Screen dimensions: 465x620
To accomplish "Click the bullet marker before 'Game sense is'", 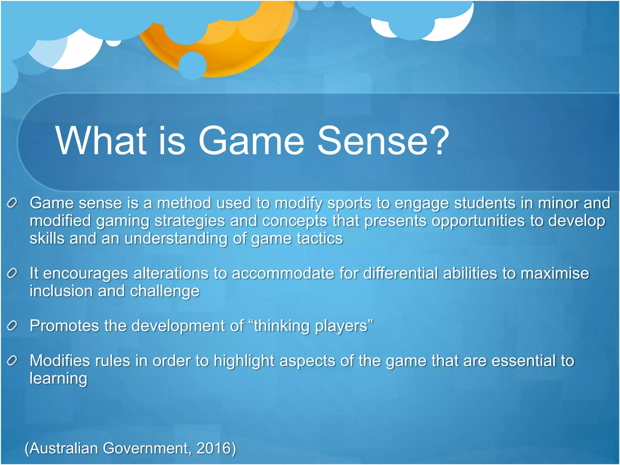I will point(12,203).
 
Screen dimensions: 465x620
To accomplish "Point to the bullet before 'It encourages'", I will point(12,274).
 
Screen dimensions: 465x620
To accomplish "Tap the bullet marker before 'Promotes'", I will point(12,326).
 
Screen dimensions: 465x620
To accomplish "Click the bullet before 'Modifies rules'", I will point(12,361).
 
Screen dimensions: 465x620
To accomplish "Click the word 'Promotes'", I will point(64,326).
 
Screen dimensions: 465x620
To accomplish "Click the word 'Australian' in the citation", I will point(64,448).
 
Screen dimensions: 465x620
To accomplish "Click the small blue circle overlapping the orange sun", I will point(193,66).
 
